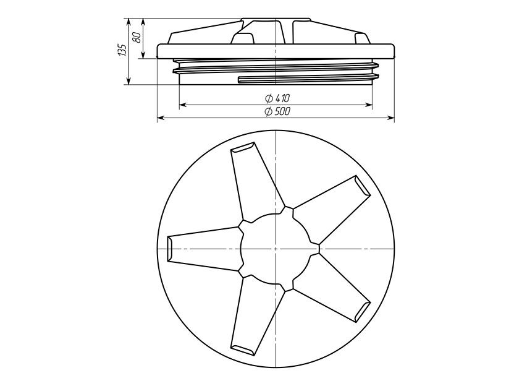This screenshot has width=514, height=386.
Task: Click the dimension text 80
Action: [x=137, y=36]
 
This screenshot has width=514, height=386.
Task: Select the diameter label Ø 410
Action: [x=277, y=98]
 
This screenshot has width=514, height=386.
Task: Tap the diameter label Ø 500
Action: [x=277, y=111]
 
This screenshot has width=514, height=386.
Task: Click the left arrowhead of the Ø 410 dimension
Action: [x=183, y=105]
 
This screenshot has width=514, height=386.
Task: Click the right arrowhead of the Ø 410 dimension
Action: [x=369, y=105]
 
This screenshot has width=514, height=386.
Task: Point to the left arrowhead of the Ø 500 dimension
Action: [x=161, y=118]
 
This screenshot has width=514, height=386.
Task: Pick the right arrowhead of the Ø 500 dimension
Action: [x=390, y=118]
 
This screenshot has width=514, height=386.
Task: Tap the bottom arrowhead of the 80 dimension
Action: [x=143, y=55]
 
